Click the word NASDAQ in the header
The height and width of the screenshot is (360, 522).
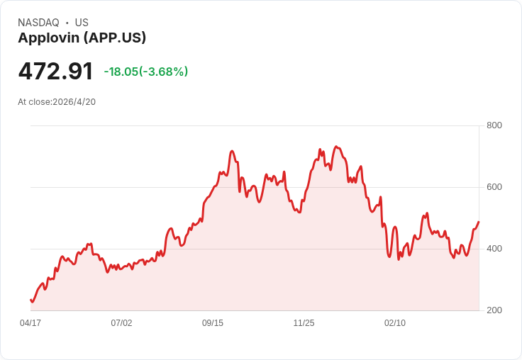tap(38, 23)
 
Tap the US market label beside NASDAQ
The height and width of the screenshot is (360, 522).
tap(82, 23)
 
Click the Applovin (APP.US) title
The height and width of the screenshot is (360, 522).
tap(82, 38)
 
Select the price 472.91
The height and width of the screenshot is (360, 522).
tap(55, 72)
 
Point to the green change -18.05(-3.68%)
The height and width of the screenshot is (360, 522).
tap(145, 72)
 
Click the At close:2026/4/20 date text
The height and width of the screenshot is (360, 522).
tap(57, 101)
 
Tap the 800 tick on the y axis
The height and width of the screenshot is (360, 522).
tap(494, 125)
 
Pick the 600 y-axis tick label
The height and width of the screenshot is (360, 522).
tap(494, 187)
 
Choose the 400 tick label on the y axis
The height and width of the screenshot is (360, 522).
tap(494, 249)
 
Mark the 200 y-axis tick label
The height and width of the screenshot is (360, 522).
tap(494, 310)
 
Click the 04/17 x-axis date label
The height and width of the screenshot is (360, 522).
tap(30, 323)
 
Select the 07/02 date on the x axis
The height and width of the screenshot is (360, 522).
tap(121, 323)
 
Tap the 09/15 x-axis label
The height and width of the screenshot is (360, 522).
tap(213, 323)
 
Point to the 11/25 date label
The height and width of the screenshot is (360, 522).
tap(304, 323)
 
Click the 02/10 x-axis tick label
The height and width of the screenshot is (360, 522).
tap(395, 323)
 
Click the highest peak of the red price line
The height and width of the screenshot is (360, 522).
tap(336, 147)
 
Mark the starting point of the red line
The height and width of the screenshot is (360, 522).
tap(30, 300)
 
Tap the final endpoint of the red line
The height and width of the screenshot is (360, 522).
tap(479, 222)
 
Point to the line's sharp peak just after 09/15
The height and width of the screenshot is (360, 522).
tap(232, 151)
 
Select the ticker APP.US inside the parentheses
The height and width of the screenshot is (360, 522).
tap(118, 38)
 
